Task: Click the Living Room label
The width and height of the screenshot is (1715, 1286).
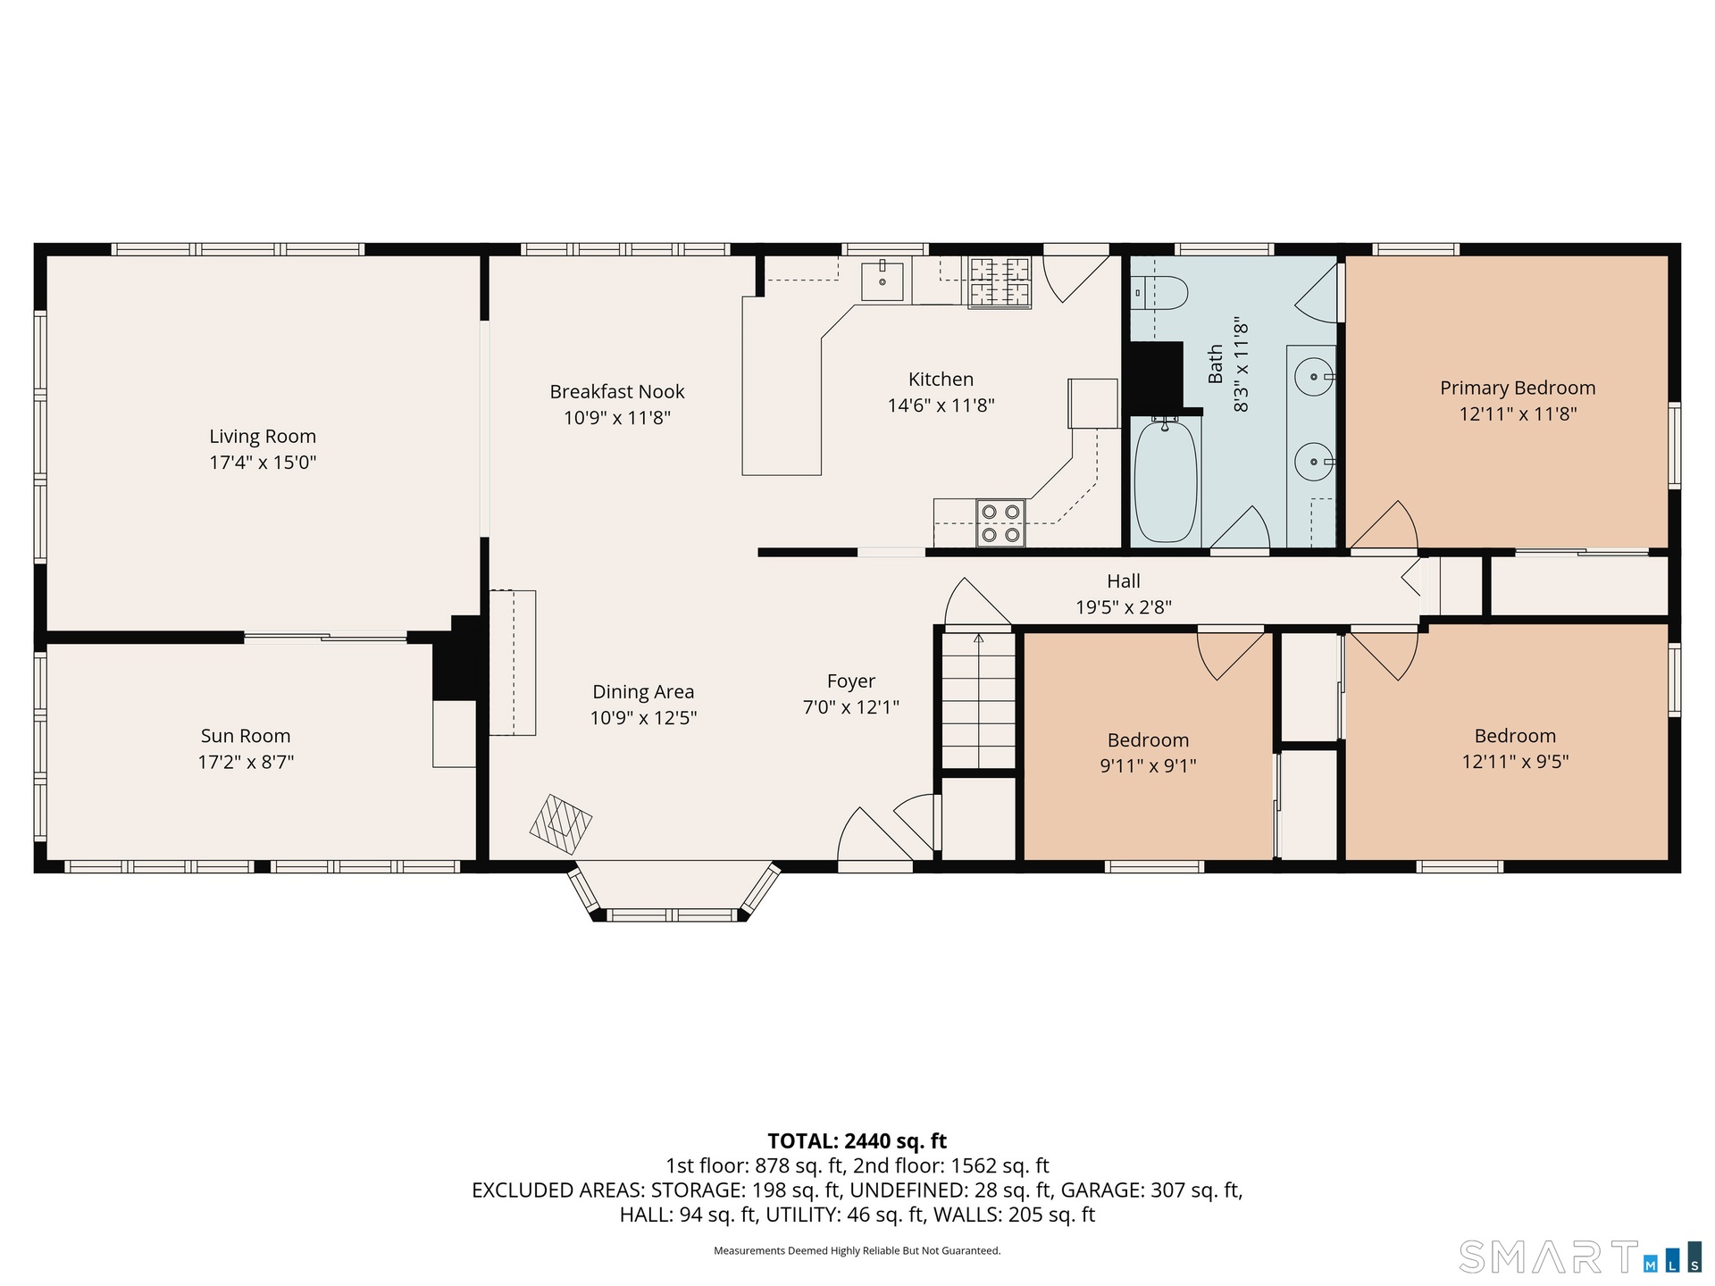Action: (x=263, y=436)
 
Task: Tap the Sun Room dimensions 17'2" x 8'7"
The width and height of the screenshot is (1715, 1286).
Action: (x=246, y=762)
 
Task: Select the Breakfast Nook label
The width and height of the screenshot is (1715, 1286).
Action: (x=617, y=391)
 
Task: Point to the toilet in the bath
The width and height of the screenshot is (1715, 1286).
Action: (x=1159, y=292)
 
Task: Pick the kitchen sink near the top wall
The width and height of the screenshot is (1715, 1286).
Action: (x=883, y=281)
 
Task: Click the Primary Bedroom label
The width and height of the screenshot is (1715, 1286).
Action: (x=1518, y=388)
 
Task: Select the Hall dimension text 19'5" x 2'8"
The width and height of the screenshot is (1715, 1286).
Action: (x=1124, y=607)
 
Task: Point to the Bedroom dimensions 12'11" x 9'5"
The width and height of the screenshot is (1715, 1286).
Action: (x=1516, y=762)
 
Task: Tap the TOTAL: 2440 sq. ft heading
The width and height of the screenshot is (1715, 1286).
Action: (x=857, y=1140)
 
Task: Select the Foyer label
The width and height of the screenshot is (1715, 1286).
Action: (x=851, y=681)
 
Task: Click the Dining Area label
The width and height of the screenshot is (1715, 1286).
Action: (x=643, y=691)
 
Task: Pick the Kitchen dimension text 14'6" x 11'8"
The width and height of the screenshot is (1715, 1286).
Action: (x=941, y=405)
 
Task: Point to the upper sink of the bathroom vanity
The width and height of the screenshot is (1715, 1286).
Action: (x=1314, y=377)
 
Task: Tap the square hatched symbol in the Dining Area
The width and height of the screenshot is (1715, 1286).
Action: (x=561, y=824)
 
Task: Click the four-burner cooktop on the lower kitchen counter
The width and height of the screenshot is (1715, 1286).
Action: (x=1000, y=523)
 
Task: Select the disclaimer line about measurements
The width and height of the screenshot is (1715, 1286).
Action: (x=857, y=1250)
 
